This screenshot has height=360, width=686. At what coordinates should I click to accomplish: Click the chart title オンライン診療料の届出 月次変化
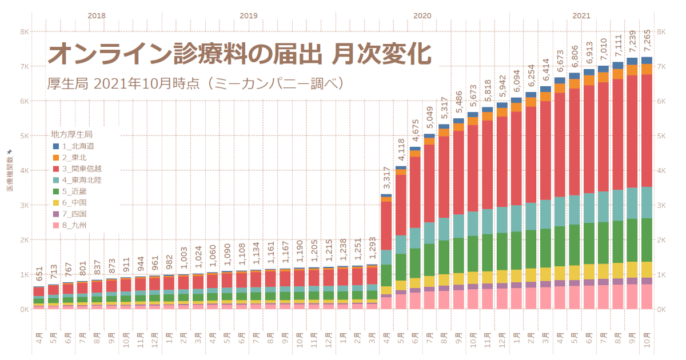(239, 55)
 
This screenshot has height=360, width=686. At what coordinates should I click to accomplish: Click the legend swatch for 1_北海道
(56, 146)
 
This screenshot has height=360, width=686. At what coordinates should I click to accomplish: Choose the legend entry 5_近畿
(74, 191)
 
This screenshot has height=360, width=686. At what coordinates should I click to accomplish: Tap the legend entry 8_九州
(74, 225)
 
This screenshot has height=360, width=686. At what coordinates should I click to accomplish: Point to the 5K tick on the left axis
(25, 136)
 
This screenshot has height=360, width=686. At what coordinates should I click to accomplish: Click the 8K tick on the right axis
(663, 32)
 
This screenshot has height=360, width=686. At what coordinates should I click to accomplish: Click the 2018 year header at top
(97, 16)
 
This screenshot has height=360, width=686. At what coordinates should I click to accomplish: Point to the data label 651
(39, 275)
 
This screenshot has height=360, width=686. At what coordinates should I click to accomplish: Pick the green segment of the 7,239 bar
(632, 240)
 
